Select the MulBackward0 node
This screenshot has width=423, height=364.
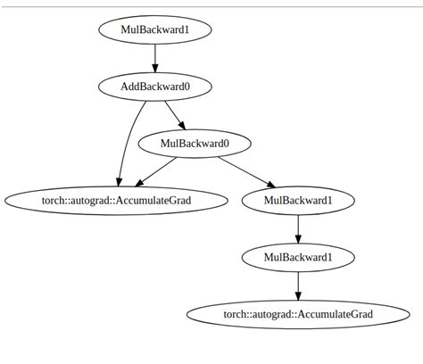click(195, 143)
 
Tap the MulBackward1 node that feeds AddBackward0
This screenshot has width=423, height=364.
click(155, 29)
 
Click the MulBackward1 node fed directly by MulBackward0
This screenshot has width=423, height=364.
click(298, 200)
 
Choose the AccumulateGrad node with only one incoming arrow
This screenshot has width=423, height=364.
click(298, 314)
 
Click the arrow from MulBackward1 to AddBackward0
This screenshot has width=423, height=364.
click(155, 57)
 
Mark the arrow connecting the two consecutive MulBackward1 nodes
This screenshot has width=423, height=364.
click(298, 228)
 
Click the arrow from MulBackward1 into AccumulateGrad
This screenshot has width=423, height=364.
click(298, 285)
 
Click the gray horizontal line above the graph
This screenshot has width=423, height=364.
click(211, 6)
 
